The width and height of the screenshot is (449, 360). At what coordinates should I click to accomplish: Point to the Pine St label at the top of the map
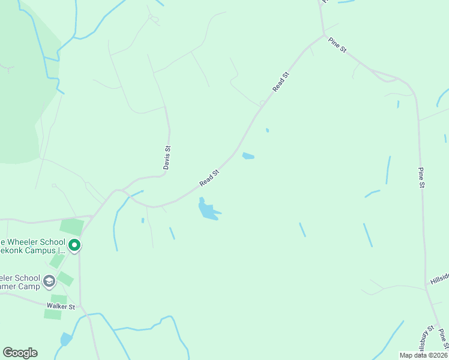click(x=337, y=45)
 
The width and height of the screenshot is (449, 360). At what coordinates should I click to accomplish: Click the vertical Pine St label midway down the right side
click(x=421, y=178)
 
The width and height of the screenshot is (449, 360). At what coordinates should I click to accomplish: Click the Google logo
click(x=20, y=353)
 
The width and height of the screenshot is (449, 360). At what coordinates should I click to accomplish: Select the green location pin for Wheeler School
click(x=74, y=245)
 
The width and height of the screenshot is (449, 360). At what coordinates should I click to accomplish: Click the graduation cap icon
click(x=50, y=281)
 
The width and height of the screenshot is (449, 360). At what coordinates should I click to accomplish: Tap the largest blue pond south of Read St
click(x=208, y=211)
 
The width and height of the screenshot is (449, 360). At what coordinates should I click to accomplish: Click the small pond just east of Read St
click(x=248, y=156)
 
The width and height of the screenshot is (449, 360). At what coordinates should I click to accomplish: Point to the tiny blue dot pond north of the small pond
click(x=267, y=130)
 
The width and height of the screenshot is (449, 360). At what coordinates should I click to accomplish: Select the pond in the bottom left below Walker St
click(x=65, y=340)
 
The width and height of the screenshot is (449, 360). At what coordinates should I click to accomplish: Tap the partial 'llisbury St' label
click(x=427, y=340)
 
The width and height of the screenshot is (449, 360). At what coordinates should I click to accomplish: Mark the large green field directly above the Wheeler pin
click(x=71, y=227)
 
